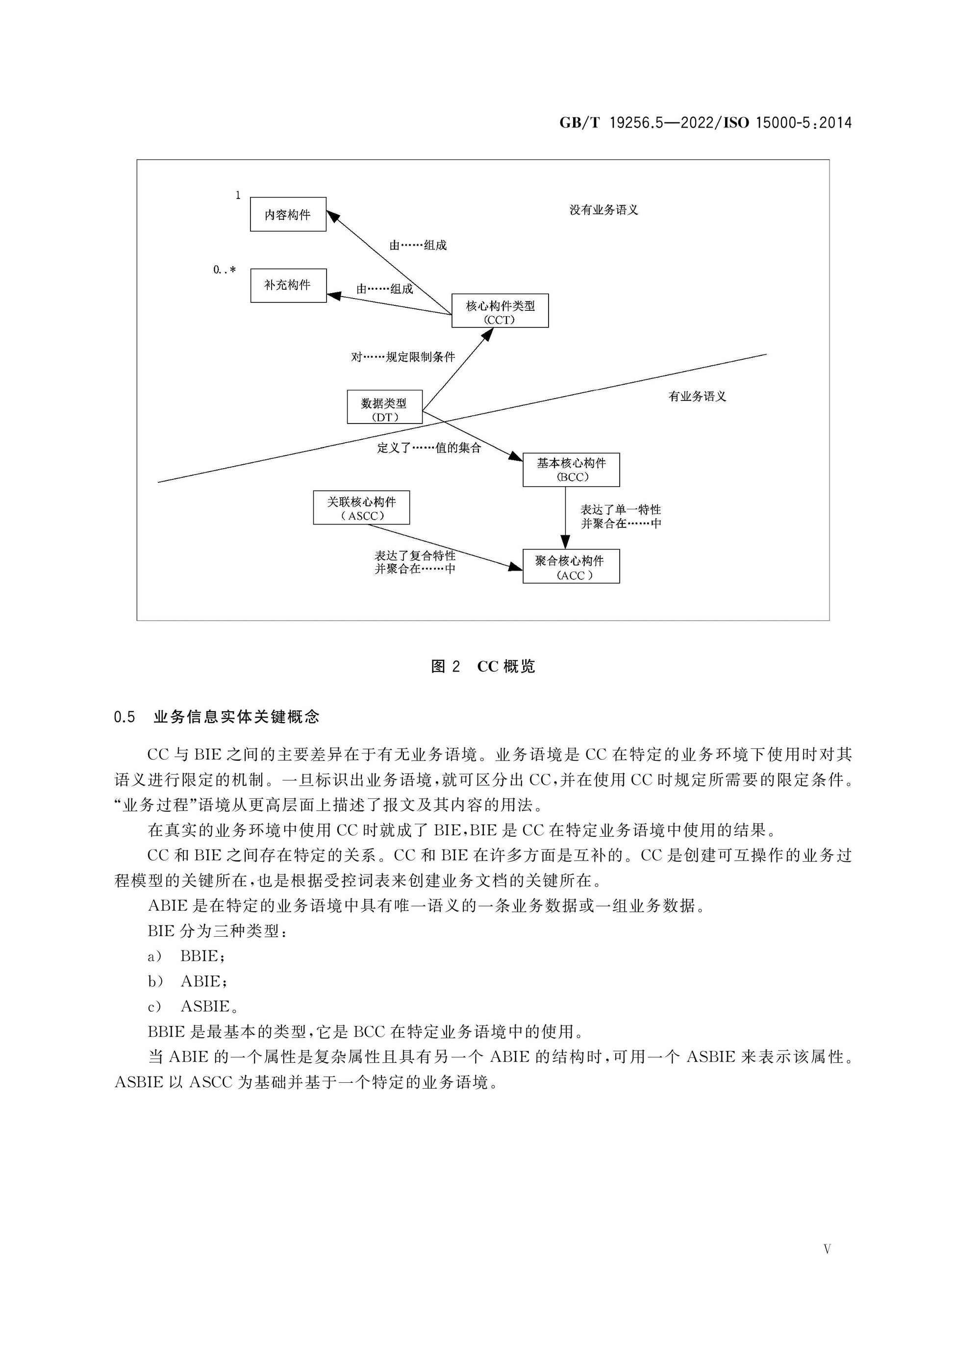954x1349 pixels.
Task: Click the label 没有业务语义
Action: (x=604, y=210)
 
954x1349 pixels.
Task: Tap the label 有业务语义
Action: (x=697, y=397)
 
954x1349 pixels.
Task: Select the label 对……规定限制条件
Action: (x=403, y=357)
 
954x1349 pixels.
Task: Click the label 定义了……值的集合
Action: (x=429, y=448)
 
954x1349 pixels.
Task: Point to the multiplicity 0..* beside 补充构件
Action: (x=225, y=270)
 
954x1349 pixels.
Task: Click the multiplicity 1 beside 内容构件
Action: (x=238, y=195)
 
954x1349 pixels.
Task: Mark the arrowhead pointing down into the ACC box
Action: (x=565, y=542)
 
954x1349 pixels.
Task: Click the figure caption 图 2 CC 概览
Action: (x=483, y=666)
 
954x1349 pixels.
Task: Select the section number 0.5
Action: (x=125, y=717)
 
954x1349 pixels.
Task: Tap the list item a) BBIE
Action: (x=186, y=956)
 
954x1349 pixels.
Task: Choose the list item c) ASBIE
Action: (x=193, y=1006)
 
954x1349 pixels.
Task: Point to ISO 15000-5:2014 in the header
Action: (x=787, y=123)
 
